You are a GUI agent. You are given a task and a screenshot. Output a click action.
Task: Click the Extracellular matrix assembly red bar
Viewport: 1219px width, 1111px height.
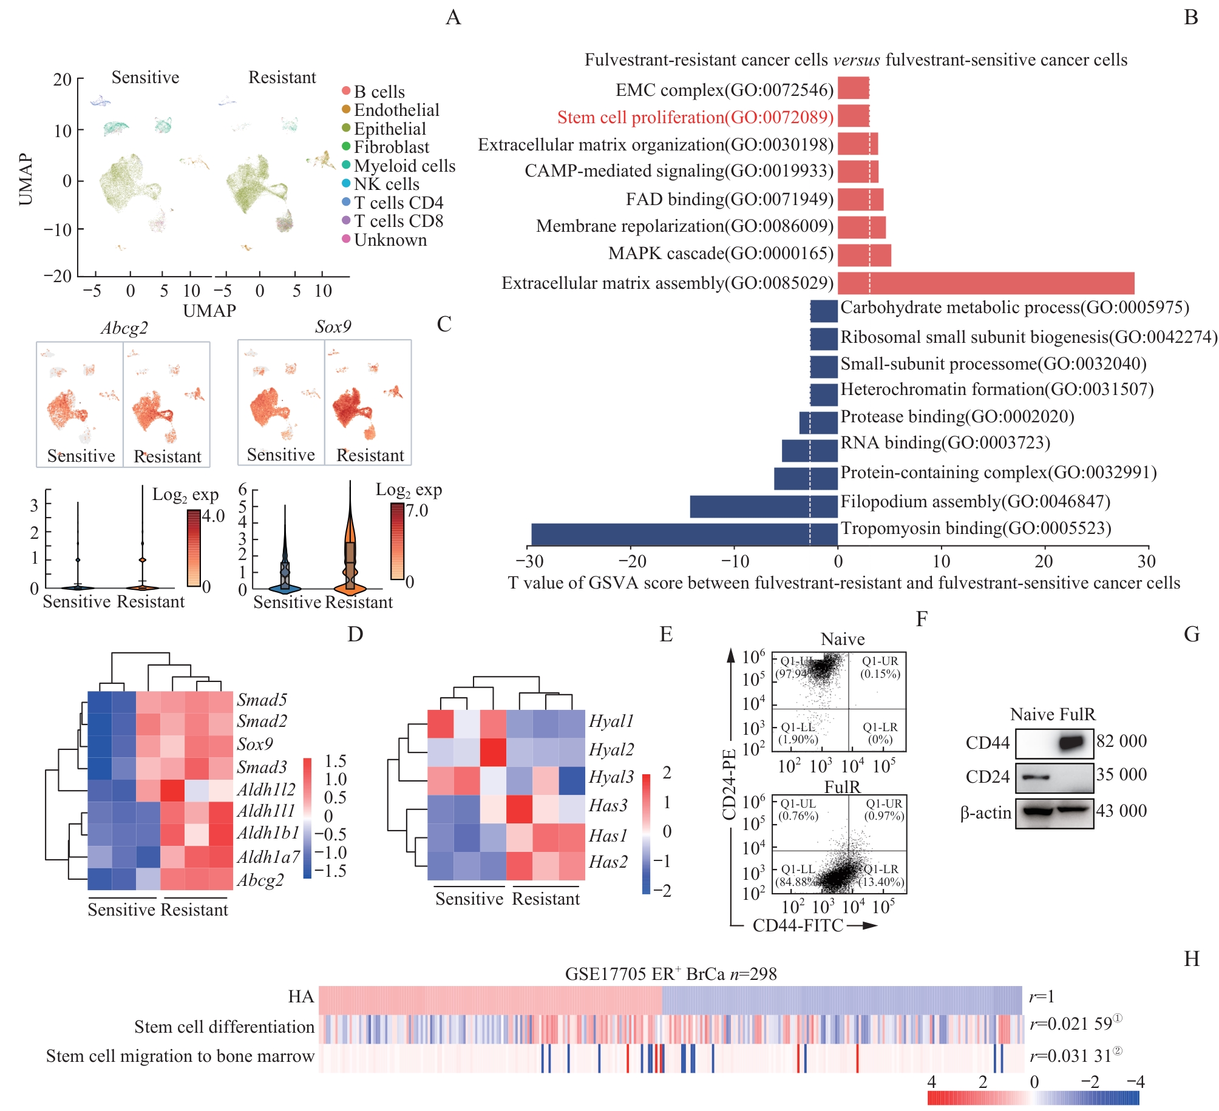(985, 283)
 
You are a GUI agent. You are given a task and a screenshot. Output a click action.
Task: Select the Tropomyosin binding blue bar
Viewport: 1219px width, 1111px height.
(684, 535)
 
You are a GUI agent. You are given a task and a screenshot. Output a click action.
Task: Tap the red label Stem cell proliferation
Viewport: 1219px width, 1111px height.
(695, 117)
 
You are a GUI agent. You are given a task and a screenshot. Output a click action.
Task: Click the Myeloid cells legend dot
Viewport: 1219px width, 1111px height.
(346, 165)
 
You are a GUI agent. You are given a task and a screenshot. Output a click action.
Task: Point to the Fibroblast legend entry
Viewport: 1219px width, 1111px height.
(391, 147)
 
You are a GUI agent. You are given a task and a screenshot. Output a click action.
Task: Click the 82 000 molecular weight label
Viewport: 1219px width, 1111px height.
(1121, 741)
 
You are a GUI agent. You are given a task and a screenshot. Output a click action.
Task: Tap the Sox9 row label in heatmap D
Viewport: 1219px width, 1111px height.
(255, 744)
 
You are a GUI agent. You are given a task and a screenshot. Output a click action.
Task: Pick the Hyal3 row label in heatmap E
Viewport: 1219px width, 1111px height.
(611, 777)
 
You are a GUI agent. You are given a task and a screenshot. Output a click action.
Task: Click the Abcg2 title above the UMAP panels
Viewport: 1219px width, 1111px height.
(124, 328)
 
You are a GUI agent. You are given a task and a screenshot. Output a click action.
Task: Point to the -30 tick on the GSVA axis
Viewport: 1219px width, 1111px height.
(529, 561)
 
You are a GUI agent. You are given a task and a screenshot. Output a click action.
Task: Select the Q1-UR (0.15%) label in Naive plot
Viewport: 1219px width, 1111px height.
(880, 667)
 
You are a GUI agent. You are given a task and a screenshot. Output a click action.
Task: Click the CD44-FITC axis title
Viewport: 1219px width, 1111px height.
(798, 925)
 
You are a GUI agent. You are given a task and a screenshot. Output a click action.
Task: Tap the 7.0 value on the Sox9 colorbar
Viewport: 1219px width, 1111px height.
(417, 510)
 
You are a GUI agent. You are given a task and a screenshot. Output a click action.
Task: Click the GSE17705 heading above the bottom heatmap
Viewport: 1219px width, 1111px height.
(670, 974)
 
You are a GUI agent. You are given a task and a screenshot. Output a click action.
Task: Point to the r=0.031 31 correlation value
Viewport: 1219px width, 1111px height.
(1071, 1056)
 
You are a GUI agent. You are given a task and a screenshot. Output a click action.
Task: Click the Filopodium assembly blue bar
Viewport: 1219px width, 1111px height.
(763, 507)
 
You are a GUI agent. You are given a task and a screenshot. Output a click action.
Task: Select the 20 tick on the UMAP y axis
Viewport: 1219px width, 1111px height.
(63, 79)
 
